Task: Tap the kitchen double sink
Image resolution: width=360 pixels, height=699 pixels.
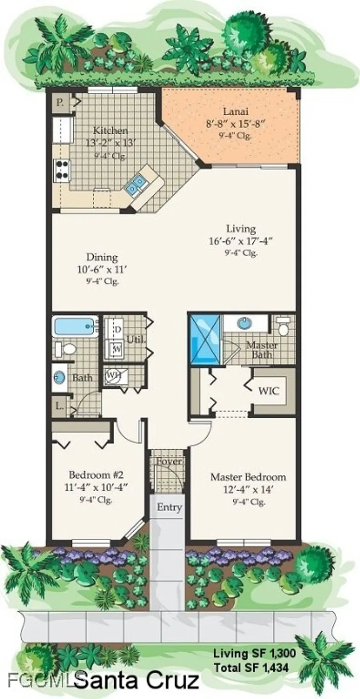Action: [x=137, y=183]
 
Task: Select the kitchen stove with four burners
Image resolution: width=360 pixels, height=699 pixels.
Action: [x=62, y=170]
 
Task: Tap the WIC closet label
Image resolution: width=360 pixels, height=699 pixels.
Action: [x=269, y=391]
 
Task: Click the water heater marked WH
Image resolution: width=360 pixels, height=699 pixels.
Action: [x=111, y=375]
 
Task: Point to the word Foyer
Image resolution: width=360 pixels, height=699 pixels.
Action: [x=169, y=461]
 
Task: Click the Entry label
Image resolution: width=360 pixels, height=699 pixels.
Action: [x=169, y=507]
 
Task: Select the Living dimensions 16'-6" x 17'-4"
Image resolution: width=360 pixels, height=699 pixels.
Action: [x=240, y=241]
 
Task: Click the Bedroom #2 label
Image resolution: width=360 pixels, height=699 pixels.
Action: [x=96, y=475]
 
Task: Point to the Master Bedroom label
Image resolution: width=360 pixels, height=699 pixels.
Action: [x=248, y=477]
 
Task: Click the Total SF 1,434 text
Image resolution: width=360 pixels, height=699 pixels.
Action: [x=251, y=668]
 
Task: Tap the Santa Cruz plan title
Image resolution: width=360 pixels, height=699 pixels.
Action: [x=136, y=681]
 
